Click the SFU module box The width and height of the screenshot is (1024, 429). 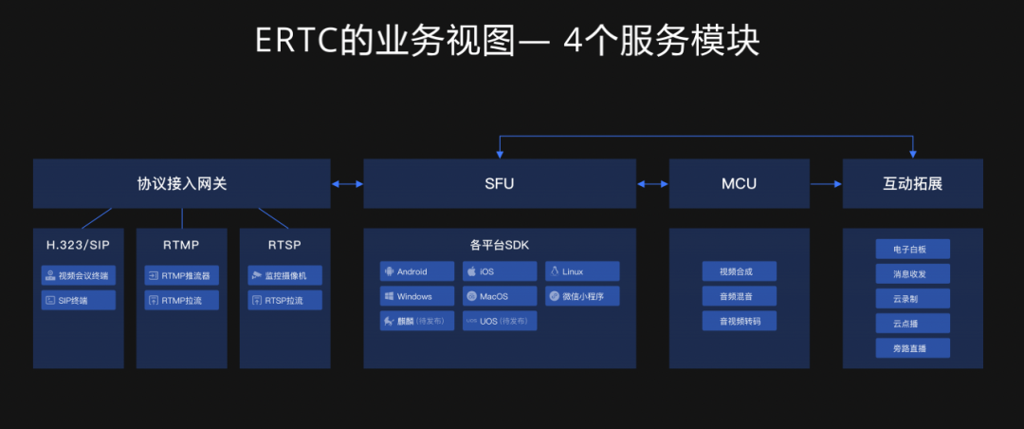pyautogui.click(x=499, y=183)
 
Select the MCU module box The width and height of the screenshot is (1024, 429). pyautogui.click(x=739, y=183)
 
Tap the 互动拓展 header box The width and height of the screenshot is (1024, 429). pyautogui.click(x=912, y=183)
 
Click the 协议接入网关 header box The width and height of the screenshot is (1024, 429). pyautogui.click(x=181, y=183)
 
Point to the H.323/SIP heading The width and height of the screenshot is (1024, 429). pyautogui.click(x=78, y=245)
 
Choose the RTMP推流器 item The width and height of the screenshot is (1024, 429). pyautogui.click(x=181, y=275)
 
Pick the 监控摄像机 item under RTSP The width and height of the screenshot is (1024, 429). pyautogui.click(x=284, y=275)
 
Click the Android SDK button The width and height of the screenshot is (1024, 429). pyautogui.click(x=417, y=271)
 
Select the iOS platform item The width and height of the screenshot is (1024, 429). pyautogui.click(x=500, y=271)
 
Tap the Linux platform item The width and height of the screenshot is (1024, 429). pyautogui.click(x=582, y=271)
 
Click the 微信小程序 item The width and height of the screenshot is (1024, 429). pyautogui.click(x=582, y=296)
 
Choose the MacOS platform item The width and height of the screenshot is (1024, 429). pyautogui.click(x=500, y=296)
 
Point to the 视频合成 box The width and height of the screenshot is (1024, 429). pyautogui.click(x=740, y=271)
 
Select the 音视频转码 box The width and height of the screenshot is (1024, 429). pyautogui.click(x=740, y=321)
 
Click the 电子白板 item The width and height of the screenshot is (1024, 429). pyautogui.click(x=912, y=250)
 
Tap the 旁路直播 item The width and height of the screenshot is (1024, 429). pyautogui.click(x=912, y=347)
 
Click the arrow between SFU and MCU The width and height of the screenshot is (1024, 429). pyautogui.click(x=652, y=184)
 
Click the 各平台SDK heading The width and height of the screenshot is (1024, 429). pyautogui.click(x=500, y=245)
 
